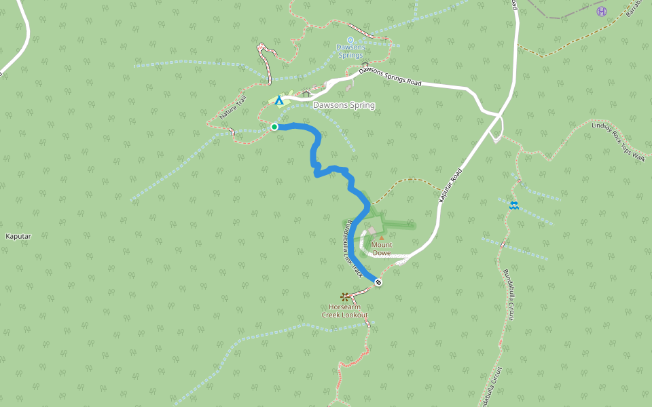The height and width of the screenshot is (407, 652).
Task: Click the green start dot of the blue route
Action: click(274, 127)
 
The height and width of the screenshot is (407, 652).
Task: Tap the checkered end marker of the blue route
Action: click(378, 282)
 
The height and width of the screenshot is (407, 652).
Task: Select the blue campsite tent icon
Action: click(278, 100)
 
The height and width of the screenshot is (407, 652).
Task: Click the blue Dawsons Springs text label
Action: click(350, 51)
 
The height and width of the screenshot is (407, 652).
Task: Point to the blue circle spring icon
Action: click(350, 40)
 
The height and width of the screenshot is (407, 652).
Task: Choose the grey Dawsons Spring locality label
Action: click(344, 106)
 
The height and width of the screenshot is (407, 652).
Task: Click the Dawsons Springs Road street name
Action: click(390, 76)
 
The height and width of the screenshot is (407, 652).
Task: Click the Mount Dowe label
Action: click(381, 249)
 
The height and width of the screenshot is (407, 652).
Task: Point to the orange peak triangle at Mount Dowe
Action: click(382, 238)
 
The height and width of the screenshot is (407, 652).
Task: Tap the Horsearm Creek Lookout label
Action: click(344, 311)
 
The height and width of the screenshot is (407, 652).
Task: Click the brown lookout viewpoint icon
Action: click(344, 296)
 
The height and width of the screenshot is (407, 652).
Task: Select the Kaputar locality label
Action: click(18, 236)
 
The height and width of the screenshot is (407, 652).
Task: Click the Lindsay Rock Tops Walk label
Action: click(617, 140)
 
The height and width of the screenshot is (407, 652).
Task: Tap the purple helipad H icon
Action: click(601, 11)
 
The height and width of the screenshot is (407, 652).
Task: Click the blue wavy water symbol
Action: click(514, 204)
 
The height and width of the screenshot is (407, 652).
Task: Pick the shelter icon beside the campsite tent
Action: click(306, 94)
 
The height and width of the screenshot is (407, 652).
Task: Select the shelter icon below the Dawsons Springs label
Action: click(365, 64)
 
